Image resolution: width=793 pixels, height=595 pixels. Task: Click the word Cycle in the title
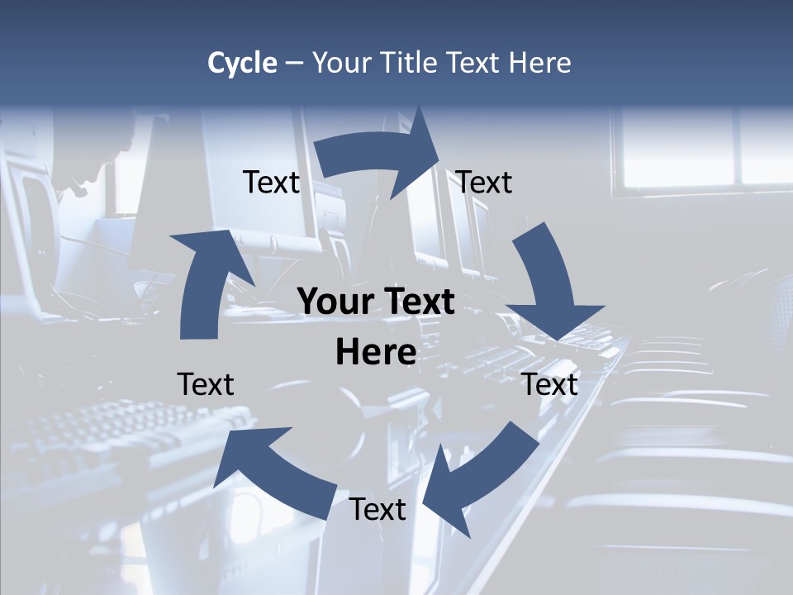tap(242, 63)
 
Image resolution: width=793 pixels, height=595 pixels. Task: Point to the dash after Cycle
tap(294, 64)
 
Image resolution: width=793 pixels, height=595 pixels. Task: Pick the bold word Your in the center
tap(335, 302)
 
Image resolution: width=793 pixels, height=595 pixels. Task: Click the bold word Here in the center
tap(376, 353)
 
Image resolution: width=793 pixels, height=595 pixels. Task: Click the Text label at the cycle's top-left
tap(271, 183)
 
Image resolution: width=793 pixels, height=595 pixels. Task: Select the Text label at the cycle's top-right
tap(484, 183)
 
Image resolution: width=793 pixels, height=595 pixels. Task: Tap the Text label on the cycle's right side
tap(550, 385)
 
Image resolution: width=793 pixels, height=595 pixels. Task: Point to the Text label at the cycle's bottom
tap(378, 510)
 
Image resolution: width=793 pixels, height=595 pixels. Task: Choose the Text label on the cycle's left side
tap(206, 385)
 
